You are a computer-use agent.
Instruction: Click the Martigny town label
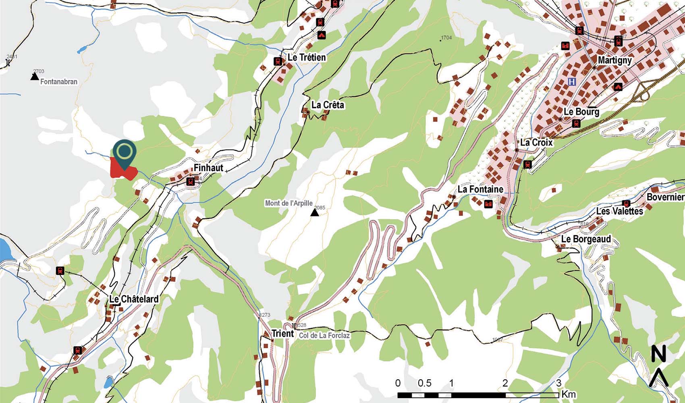[614, 60]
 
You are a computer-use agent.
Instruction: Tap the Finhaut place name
[208, 168]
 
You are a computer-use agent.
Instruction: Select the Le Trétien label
[307, 58]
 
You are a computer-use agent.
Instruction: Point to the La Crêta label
[328, 105]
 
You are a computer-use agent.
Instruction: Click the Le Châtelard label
[134, 299]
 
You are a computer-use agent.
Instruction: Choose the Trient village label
[283, 334]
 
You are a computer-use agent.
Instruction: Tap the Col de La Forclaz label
[324, 335]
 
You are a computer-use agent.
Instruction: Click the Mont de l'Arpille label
[289, 203]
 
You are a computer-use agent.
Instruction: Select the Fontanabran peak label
[59, 81]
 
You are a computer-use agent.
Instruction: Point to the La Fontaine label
[480, 189]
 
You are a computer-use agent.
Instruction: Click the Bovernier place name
[665, 197]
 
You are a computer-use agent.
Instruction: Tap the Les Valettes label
[620, 211]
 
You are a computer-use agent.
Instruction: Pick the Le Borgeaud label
[586, 239]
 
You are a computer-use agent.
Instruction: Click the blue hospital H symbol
[571, 82]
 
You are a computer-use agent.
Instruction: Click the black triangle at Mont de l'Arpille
[315, 212]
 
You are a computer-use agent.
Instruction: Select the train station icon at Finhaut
[190, 182]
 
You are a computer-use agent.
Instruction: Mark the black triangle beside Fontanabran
[35, 76]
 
